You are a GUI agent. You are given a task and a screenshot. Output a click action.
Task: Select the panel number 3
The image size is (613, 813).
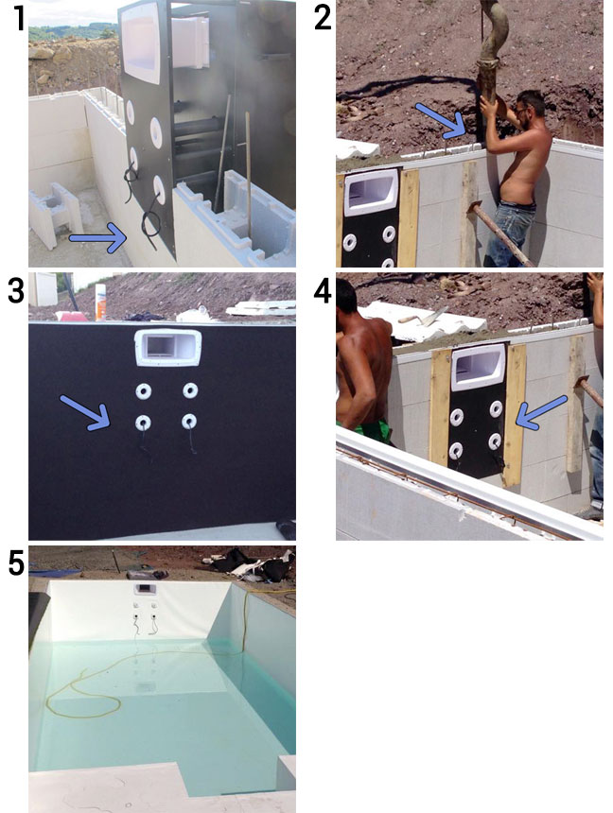click(16, 291)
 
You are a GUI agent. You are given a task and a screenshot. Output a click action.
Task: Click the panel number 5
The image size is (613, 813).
click(17, 563)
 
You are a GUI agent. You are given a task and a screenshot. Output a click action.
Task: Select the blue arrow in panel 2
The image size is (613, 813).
click(441, 121)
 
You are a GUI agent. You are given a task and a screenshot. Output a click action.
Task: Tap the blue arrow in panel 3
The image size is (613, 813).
click(85, 413)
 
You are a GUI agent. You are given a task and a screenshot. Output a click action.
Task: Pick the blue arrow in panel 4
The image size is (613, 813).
click(541, 412)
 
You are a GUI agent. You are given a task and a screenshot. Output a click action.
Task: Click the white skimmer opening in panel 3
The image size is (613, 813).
click(167, 347)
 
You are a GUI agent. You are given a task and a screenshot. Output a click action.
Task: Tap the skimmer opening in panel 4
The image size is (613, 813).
click(477, 367)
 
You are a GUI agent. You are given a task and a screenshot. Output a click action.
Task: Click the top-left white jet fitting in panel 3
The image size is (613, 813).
click(143, 391)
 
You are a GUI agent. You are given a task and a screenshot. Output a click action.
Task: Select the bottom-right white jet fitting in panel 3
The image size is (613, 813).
click(189, 421)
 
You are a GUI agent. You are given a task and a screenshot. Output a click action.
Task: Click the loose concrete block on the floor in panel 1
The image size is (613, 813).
click(56, 213)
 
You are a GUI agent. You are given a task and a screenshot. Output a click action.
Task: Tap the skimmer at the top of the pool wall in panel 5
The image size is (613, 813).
click(145, 590)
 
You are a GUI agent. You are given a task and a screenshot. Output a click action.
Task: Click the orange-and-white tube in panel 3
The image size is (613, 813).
click(100, 302)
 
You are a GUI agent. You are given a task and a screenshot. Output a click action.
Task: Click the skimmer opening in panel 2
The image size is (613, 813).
click(371, 192)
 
